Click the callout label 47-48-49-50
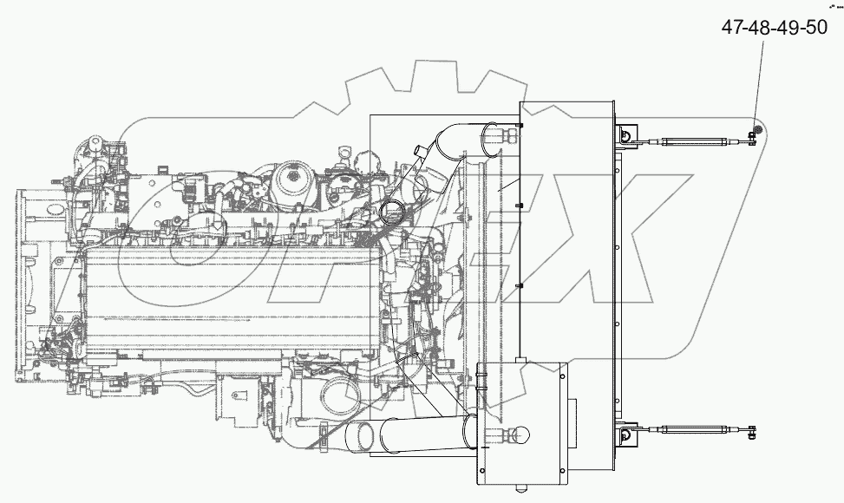point(774,28)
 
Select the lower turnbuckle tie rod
point(693,428)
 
